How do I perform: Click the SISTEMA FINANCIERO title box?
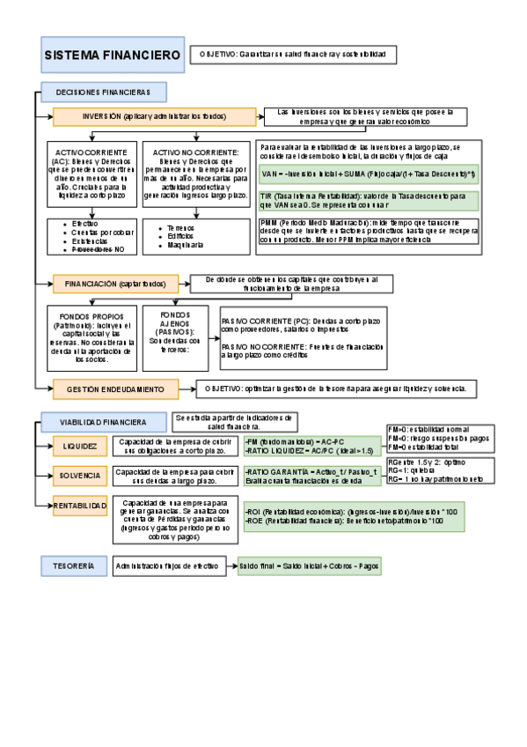pos(112,55)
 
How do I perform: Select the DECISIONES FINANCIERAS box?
pos(102,92)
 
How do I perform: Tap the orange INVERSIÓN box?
pos(153,115)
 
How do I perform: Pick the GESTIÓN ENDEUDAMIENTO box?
pos(114,388)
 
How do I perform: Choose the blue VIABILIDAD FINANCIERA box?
pos(103,423)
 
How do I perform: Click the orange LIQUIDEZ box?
pos(79,447)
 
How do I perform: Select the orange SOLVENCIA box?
pos(79,477)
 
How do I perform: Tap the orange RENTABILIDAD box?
pos(79,506)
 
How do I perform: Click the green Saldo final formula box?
pos(309,566)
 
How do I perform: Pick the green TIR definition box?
pos(368,200)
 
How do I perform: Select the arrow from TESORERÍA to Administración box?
pos(100,566)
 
